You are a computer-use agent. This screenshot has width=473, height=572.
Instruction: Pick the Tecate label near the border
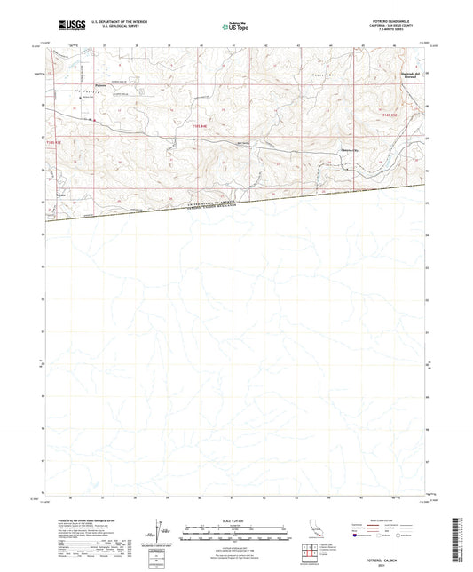[61, 194]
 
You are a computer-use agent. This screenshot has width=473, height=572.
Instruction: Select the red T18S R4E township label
[200, 126]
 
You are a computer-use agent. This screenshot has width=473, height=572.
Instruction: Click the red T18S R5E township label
[390, 115]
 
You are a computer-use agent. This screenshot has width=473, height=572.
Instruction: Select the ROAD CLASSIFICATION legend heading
[382, 521]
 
